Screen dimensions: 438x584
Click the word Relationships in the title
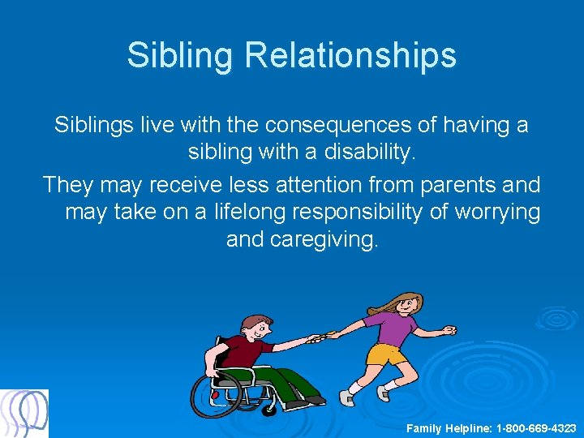[x=350, y=56]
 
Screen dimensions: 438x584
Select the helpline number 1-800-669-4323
[x=536, y=427]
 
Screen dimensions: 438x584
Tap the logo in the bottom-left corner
[x=24, y=414]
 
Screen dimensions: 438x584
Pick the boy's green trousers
[x=284, y=381]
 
